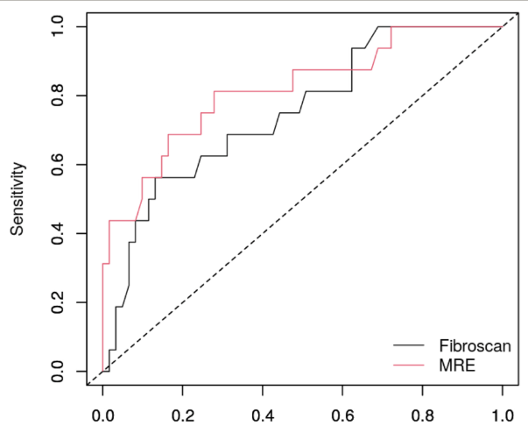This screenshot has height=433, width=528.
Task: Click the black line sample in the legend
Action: pos(409,344)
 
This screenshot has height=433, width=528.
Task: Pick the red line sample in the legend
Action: pos(409,364)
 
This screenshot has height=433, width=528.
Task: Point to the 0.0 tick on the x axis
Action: pos(102,408)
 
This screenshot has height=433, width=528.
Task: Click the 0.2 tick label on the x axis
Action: pos(183,408)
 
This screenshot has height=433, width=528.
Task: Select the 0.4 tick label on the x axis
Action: pos(263,408)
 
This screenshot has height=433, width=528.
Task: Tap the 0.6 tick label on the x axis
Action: pos(342,408)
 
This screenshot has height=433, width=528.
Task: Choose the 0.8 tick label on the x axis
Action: pos(423,408)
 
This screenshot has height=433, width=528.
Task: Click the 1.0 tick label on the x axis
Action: pos(503,408)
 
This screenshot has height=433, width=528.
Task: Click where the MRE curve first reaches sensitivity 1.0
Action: pos(391,26)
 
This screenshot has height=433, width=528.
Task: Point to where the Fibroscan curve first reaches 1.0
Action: pos(377,26)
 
